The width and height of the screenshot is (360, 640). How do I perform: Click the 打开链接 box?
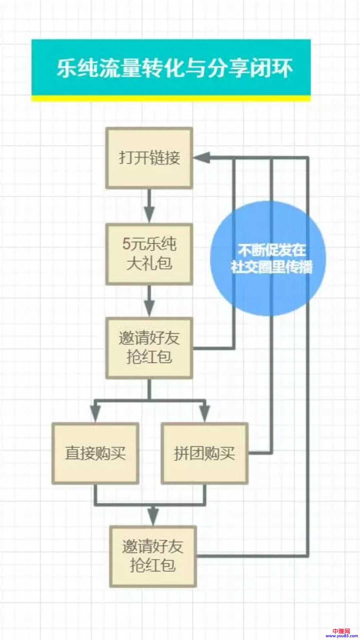tap(149, 158)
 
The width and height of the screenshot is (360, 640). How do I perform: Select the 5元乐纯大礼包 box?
tap(149, 254)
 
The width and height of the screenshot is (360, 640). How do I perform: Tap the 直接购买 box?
tap(95, 453)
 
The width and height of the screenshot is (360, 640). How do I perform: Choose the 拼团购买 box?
tap(204, 453)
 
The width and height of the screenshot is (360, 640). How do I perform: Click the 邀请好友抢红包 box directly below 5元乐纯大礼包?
tap(149, 348)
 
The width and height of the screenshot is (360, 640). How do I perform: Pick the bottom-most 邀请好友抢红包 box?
tap(153, 556)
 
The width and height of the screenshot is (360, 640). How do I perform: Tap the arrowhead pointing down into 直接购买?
tap(95, 413)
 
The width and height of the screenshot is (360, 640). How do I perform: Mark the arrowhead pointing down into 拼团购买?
tap(204, 413)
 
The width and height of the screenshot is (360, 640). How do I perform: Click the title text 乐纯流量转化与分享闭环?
tap(174, 68)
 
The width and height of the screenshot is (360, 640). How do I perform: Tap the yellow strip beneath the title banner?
tap(171, 98)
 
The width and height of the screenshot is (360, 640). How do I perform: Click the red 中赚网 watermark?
tap(341, 631)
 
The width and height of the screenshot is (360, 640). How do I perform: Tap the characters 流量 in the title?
tap(120, 68)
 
